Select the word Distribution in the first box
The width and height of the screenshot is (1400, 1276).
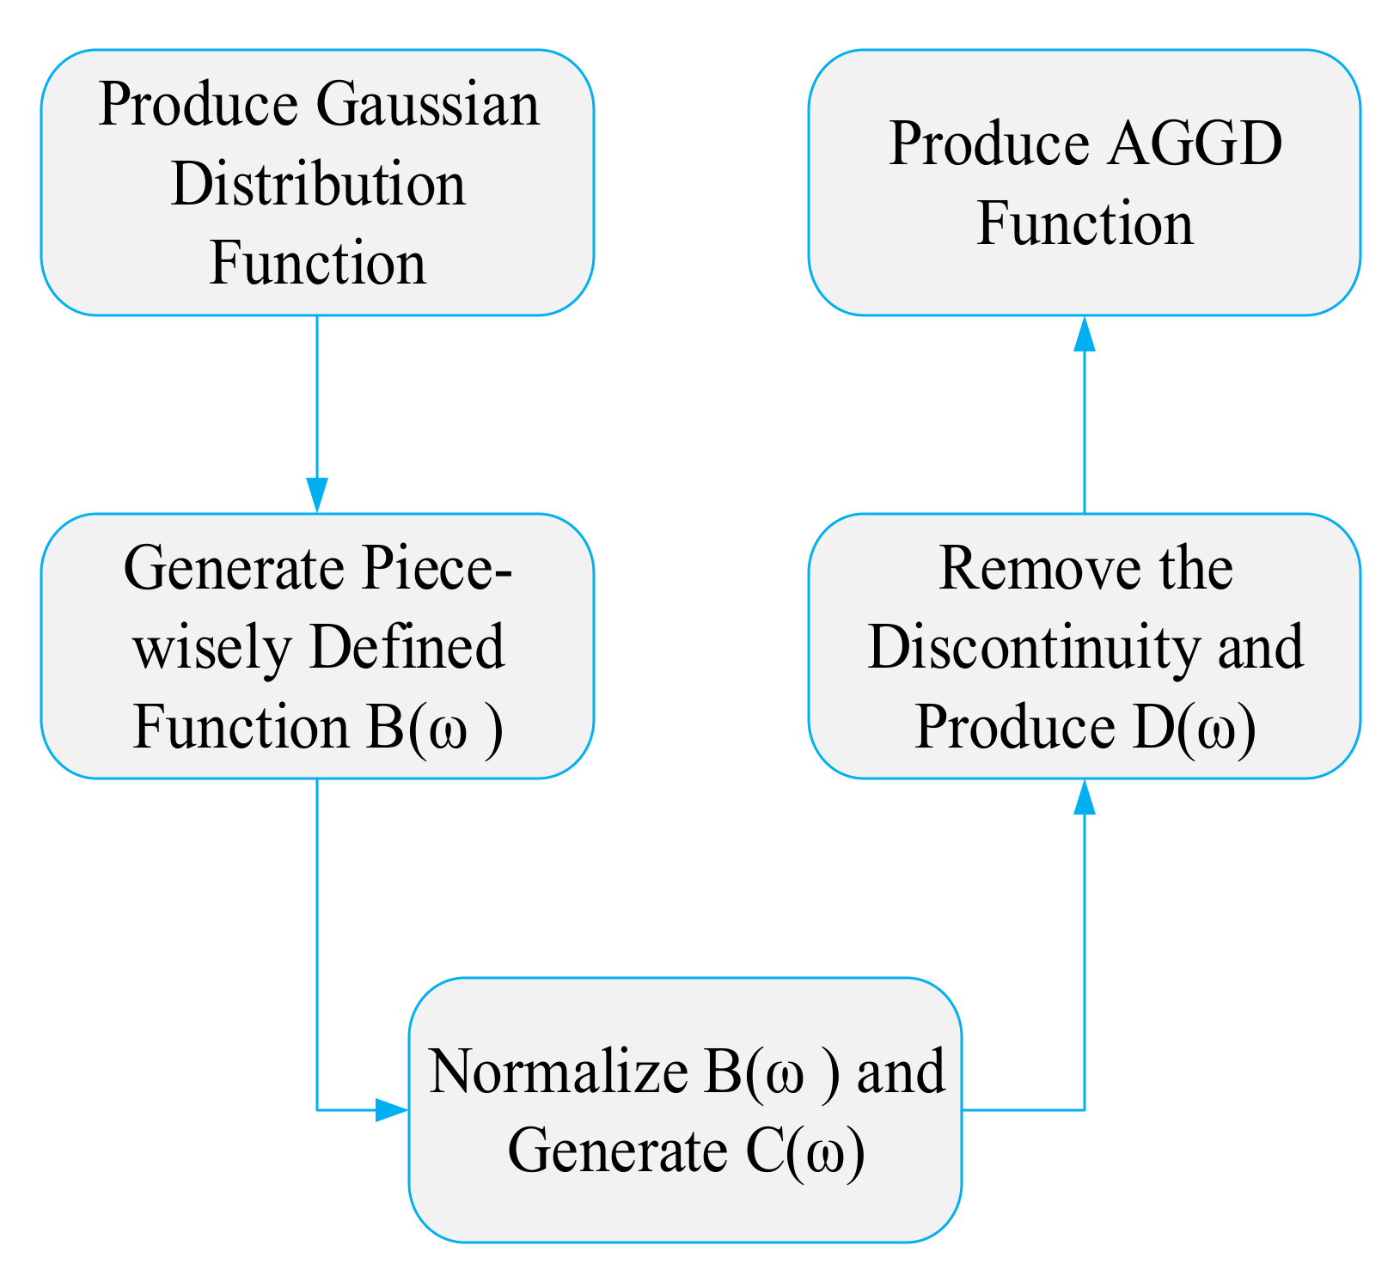pyautogui.click(x=318, y=185)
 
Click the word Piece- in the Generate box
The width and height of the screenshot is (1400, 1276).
pyautogui.click(x=436, y=570)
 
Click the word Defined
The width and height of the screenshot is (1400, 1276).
pyautogui.click(x=406, y=648)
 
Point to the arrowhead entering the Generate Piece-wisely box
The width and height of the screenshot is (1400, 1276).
pyautogui.click(x=318, y=496)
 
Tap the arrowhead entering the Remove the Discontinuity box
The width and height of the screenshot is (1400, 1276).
pyautogui.click(x=1085, y=797)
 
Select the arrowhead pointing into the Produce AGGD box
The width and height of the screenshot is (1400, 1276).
pyautogui.click(x=1085, y=333)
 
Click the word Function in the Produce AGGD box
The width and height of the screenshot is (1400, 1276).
pyautogui.click(x=1085, y=224)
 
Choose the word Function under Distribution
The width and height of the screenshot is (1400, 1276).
pyautogui.click(x=318, y=264)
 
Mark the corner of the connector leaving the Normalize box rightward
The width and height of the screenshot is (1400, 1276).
pyautogui.click(x=1085, y=1110)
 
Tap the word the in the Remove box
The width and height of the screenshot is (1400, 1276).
pyautogui.click(x=1195, y=570)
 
